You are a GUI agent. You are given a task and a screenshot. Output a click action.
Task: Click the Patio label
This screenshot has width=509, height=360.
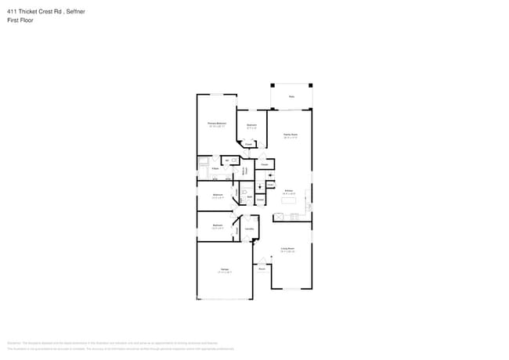point(291,97)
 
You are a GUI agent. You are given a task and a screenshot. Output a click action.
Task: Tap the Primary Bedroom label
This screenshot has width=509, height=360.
point(217,124)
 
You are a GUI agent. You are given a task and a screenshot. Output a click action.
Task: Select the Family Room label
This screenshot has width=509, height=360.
point(290,135)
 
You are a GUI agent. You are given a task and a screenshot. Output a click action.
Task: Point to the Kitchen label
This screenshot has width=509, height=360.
point(288,191)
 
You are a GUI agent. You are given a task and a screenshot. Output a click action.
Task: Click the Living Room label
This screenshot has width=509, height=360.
point(287,250)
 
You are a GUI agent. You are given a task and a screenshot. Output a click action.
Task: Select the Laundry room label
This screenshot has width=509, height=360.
point(248,229)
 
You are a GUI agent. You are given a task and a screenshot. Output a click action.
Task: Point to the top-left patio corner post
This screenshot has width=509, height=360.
point(272,85)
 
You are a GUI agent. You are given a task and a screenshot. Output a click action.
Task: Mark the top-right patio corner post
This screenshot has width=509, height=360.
point(311,85)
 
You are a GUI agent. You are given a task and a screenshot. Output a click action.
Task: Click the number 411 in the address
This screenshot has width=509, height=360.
point(12,10)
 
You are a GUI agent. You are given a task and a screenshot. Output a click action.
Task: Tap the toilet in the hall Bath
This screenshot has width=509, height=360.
point(244,190)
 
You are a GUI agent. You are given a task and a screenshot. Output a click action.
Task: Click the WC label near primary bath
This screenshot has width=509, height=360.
point(226,160)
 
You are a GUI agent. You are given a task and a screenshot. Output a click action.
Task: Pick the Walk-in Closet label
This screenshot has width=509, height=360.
point(244,170)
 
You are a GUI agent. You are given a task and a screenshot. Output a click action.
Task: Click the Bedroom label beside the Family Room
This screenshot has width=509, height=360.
point(251,125)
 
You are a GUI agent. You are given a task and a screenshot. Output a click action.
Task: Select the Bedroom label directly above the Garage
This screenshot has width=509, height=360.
point(217,225)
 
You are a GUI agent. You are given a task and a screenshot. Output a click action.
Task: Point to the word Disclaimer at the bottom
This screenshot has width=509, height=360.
point(15,344)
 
